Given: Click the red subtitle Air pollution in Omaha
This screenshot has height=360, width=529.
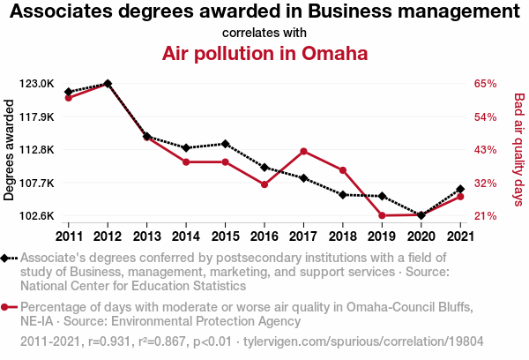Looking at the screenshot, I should pos(264,53).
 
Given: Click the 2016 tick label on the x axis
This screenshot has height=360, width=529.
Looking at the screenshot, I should pos(264,236).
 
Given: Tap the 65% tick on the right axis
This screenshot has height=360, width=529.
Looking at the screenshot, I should pos(485,84).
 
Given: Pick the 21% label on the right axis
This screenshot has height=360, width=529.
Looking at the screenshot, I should pos(485,216).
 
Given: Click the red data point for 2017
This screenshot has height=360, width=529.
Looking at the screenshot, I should pos(303,151).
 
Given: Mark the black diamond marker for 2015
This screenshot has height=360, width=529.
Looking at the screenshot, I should pos(225,144).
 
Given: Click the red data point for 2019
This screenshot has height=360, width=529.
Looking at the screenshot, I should pos(382,215).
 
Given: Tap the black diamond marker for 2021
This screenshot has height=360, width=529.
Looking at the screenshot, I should pos(460,189).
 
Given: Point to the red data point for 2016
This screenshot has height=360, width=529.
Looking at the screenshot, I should pos(264,184).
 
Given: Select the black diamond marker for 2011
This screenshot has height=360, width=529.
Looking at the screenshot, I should pos(69,92).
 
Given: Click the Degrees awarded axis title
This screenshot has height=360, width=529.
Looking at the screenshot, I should pos(10,150).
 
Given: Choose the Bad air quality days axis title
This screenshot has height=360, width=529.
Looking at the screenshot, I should pos(518,150).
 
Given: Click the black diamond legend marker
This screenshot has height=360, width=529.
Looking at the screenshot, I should pos(6,259).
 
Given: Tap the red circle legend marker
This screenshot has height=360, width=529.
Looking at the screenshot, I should pos(6,307).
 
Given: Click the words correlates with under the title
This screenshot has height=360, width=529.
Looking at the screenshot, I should pos(264,33).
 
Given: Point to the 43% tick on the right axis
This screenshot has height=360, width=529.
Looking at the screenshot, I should pos(485,150).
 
